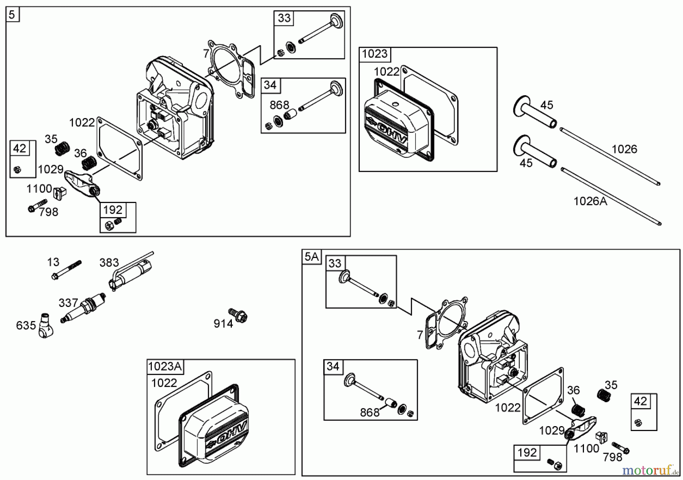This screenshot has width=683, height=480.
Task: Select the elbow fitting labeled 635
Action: point(45,327)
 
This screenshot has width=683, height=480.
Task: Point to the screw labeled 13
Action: point(67,269)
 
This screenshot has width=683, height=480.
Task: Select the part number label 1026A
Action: point(590,201)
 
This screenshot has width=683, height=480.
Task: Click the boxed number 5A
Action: point(311,257)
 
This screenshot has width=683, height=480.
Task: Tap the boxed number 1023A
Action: point(165,367)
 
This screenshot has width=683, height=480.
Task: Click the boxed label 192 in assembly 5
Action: point(113,210)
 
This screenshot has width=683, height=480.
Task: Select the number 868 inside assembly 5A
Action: point(370,412)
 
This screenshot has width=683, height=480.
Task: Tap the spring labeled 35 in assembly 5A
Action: point(602,395)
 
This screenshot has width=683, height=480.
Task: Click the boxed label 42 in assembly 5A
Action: point(640,401)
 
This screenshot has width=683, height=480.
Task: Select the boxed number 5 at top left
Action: point(12,15)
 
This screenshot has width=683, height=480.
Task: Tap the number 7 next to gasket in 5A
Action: point(420,335)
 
